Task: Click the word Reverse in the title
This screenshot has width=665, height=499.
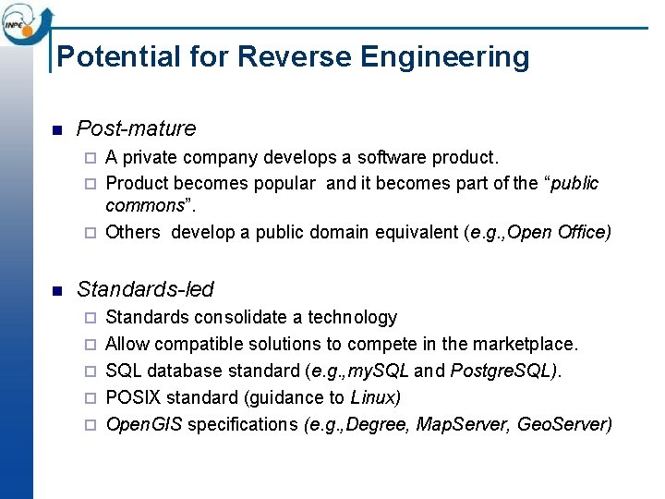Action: click(x=296, y=57)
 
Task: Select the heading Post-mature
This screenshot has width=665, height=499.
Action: click(x=136, y=128)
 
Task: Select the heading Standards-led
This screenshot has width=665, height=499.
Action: click(x=145, y=289)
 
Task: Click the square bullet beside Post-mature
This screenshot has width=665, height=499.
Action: click(x=56, y=129)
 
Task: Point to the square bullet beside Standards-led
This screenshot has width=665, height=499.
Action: click(x=56, y=290)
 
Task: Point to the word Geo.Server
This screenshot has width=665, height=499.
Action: click(x=563, y=424)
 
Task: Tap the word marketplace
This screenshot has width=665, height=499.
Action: click(x=525, y=344)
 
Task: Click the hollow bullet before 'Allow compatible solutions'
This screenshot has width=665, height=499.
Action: click(x=90, y=345)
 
